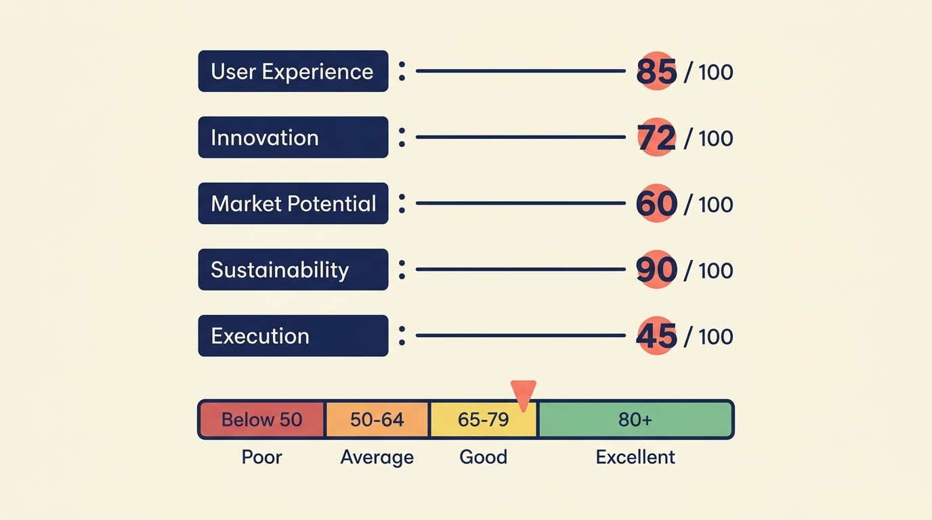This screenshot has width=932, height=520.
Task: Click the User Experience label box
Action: pyautogui.click(x=293, y=71)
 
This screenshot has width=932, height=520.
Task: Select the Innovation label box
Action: pyautogui.click(x=293, y=137)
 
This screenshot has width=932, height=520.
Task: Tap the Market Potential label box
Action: pyautogui.click(x=293, y=203)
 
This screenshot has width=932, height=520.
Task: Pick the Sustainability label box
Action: pyautogui.click(x=293, y=269)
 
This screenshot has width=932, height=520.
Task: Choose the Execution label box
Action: pyautogui.click(x=293, y=336)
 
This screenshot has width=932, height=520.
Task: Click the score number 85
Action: pyautogui.click(x=656, y=71)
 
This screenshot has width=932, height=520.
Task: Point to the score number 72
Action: pyautogui.click(x=656, y=137)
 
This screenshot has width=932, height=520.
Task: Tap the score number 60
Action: pyautogui.click(x=656, y=204)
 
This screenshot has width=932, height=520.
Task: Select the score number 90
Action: pyautogui.click(x=656, y=269)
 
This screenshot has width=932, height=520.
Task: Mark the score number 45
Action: pyautogui.click(x=656, y=336)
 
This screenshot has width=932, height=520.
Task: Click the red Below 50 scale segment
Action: pyautogui.click(x=262, y=420)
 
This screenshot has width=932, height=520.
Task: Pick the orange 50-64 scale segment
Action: pyautogui.click(x=377, y=420)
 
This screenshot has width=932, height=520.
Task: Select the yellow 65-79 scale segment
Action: pyautogui.click(x=483, y=420)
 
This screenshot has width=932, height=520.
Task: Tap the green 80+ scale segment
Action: pyautogui.click(x=635, y=420)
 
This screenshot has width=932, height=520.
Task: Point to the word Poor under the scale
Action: pyautogui.click(x=261, y=457)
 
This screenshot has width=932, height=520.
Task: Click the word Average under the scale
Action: pyautogui.click(x=377, y=457)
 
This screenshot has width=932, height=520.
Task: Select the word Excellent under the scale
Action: pyautogui.click(x=635, y=457)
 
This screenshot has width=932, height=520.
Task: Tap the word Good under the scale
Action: pyautogui.click(x=483, y=457)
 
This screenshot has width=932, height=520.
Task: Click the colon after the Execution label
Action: pyautogui.click(x=402, y=336)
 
